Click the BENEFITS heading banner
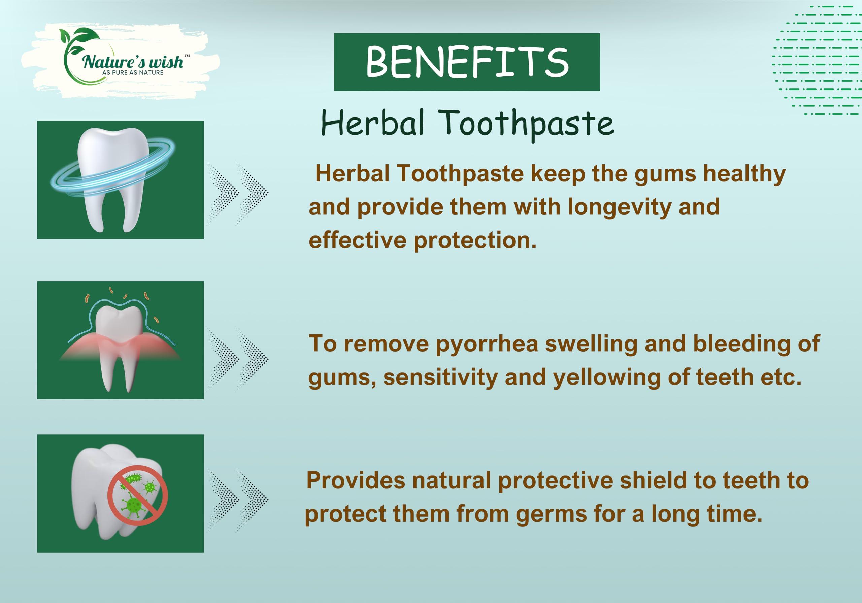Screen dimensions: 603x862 click(467, 62)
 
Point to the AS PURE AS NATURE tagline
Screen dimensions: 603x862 click(133, 72)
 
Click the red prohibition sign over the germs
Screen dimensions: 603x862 click(137, 495)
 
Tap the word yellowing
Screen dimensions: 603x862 click(607, 377)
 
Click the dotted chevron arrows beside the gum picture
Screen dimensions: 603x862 click(238, 359)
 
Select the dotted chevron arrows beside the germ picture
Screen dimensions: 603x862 click(238, 500)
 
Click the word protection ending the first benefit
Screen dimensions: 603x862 click(474, 240)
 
